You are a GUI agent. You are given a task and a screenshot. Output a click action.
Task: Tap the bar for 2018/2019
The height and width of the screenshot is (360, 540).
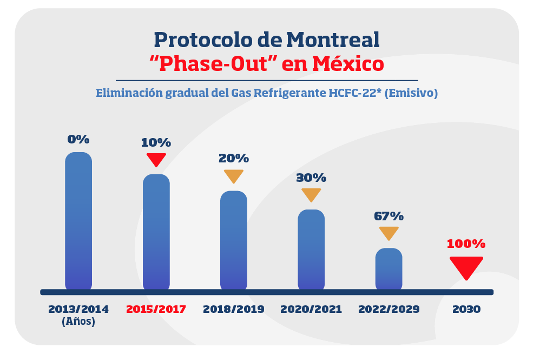(x=233, y=240)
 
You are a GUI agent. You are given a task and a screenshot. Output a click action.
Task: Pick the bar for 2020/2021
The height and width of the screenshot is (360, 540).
(x=311, y=250)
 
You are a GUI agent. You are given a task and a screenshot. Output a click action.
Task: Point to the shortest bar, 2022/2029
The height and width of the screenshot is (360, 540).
(x=388, y=269)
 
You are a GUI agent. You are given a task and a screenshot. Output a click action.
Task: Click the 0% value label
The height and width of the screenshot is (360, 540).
(x=78, y=139)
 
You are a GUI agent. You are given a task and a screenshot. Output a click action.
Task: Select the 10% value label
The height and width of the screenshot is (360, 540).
(x=156, y=143)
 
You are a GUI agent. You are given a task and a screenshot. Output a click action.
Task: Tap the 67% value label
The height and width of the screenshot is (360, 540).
(x=388, y=216)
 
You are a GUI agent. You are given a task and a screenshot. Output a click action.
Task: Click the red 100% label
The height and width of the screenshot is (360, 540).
(x=466, y=244)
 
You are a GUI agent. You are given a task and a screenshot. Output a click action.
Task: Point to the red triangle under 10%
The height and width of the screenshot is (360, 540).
(x=156, y=159)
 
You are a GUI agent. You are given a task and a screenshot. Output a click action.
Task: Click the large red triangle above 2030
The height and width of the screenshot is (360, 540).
(x=466, y=267)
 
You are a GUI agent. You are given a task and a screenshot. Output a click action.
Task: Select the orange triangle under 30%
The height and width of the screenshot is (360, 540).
(x=311, y=194)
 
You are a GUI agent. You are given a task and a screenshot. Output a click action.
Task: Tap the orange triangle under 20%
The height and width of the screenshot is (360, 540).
(x=234, y=176)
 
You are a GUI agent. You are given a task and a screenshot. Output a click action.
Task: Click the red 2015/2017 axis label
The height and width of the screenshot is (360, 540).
(x=156, y=310)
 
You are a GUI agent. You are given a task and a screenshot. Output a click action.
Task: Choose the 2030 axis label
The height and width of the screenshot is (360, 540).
(x=466, y=310)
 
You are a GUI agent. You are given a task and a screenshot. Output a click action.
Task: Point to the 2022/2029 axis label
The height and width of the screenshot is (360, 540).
(x=388, y=310)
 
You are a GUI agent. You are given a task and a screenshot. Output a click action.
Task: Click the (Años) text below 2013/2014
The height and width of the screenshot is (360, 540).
(x=78, y=321)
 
